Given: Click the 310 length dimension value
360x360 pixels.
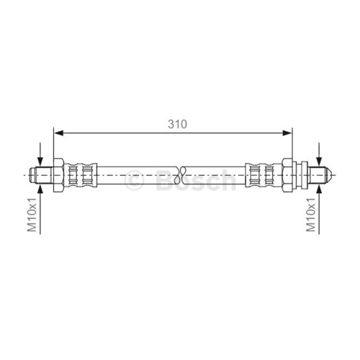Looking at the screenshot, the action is tap(177, 124).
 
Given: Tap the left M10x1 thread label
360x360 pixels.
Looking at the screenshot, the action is tap(32, 215).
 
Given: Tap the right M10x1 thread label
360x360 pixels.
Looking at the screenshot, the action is tap(311, 215).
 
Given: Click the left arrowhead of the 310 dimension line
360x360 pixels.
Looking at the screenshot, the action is tap(58, 132).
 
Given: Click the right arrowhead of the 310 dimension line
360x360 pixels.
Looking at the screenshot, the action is tap(287, 132).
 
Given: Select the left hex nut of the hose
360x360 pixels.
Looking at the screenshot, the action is tap(58, 175).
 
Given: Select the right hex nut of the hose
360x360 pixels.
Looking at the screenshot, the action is tap(287, 175).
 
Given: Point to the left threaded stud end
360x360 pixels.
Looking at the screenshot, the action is tap(40, 175).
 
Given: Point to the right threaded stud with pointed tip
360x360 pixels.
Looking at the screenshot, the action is tap(320, 175).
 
